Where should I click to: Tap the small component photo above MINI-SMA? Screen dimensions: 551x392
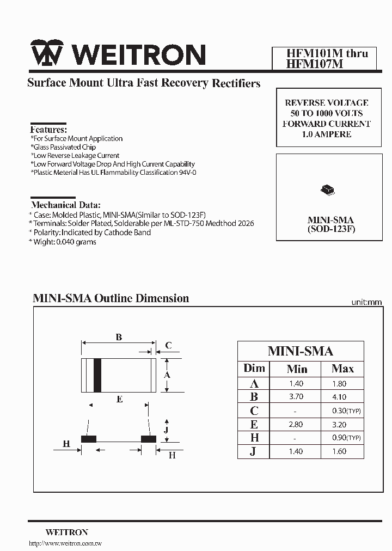[x=327, y=190]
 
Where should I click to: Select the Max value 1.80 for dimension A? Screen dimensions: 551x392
[x=339, y=384]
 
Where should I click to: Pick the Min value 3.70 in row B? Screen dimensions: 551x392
[x=297, y=397]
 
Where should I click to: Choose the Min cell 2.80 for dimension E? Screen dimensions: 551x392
[x=297, y=424]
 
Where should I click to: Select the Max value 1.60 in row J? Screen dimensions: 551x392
[x=339, y=451]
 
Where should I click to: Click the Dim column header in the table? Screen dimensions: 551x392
[x=254, y=369]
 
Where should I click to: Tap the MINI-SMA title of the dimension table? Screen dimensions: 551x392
[x=301, y=351]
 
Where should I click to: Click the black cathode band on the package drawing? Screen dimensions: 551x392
[x=98, y=375]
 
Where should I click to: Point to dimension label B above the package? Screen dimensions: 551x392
[x=119, y=337]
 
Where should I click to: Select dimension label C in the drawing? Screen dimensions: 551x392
[x=169, y=346]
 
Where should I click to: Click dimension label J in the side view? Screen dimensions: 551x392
[x=168, y=430]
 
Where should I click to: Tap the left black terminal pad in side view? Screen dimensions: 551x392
[x=89, y=439]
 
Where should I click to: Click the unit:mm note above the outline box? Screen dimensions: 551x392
[x=366, y=302]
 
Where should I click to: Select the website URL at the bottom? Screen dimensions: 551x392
[x=65, y=543]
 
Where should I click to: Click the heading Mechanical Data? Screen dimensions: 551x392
[x=66, y=205]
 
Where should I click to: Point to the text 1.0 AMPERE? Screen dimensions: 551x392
[x=326, y=134]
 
